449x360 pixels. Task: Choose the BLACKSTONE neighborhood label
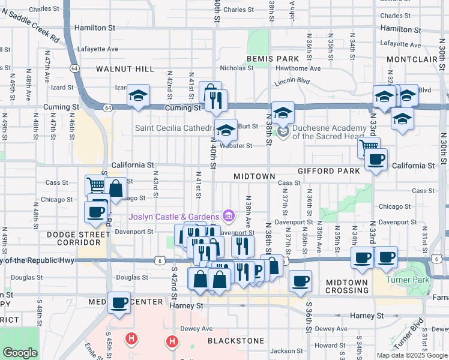coord(235,340)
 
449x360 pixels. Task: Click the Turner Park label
coord(422,280)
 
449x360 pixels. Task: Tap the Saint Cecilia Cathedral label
coord(174,128)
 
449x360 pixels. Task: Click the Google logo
coord(20,353)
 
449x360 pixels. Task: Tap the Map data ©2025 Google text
coord(412,355)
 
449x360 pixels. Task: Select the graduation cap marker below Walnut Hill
coord(138,96)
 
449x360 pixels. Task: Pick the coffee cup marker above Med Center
coord(119,302)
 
